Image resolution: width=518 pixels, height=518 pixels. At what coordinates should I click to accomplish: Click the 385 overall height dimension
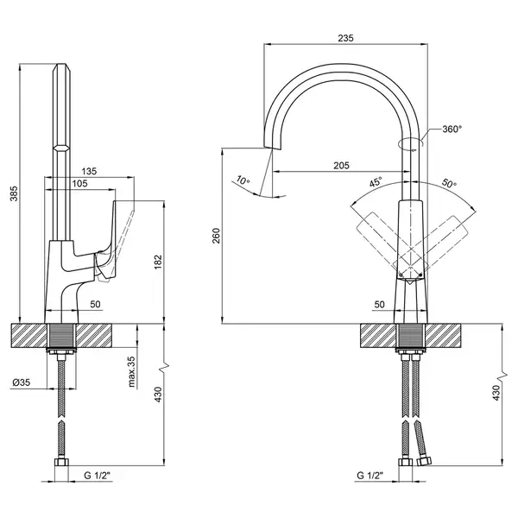click(x=14, y=193)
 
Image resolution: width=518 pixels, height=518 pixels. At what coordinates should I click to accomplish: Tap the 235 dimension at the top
click(x=345, y=38)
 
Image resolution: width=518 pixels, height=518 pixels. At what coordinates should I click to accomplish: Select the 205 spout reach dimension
click(x=341, y=165)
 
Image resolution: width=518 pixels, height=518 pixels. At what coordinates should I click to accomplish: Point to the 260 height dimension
click(x=216, y=236)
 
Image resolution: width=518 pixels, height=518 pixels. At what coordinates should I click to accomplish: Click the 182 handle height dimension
click(x=158, y=262)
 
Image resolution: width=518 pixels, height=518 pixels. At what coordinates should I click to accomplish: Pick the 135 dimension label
click(x=89, y=171)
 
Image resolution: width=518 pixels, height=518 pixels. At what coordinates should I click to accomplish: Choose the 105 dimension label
click(x=79, y=183)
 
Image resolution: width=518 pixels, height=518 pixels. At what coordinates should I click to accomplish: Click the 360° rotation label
click(x=452, y=129)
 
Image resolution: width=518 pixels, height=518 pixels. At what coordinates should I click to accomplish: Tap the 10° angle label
click(x=243, y=180)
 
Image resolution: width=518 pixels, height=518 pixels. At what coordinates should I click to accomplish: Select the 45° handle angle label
click(x=376, y=182)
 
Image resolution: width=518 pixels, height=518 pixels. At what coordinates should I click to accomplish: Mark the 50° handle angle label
click(x=449, y=183)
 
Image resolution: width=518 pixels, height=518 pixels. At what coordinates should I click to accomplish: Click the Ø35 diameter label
click(x=21, y=382)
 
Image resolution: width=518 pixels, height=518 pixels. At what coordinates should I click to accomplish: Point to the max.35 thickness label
click(x=131, y=371)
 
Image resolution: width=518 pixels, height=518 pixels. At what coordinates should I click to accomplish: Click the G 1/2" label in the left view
click(x=97, y=476)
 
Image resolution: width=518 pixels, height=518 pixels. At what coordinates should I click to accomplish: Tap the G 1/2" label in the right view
click(x=370, y=476)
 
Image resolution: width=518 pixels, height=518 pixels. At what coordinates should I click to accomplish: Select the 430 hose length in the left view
click(x=158, y=395)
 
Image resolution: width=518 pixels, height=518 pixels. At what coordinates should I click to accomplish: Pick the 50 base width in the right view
click(x=380, y=304)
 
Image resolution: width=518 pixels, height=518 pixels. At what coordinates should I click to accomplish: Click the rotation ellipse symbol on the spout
click(x=411, y=143)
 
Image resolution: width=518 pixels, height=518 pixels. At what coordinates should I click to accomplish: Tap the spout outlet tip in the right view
click(x=272, y=147)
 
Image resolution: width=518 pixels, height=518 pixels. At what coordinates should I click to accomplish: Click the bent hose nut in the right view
click(x=424, y=460)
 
